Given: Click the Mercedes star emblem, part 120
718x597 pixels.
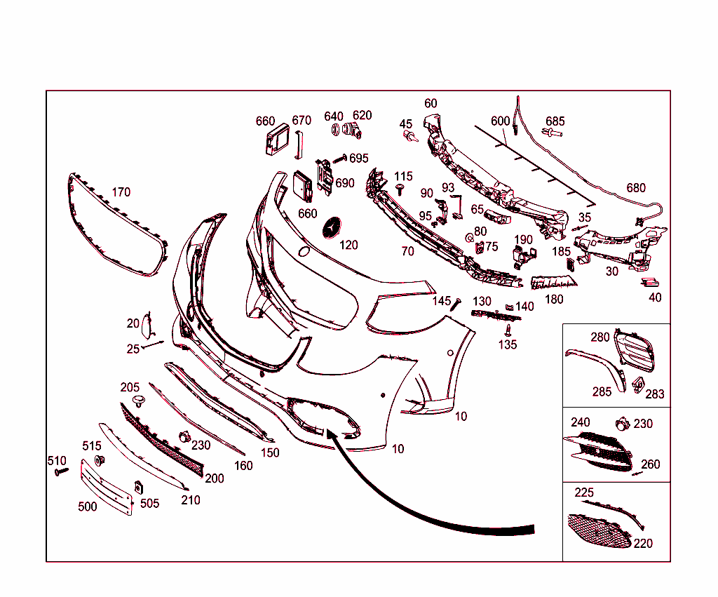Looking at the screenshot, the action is click(x=332, y=228).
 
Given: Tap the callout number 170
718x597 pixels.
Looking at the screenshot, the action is click(x=121, y=192).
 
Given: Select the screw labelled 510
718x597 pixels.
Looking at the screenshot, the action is click(x=61, y=471).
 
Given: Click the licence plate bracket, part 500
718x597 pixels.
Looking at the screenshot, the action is click(x=107, y=488).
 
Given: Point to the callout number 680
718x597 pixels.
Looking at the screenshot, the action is click(x=636, y=188).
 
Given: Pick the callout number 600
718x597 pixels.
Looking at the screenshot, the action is click(x=500, y=121).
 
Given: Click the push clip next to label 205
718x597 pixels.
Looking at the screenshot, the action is click(x=139, y=402).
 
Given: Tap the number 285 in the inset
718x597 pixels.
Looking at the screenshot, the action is click(x=602, y=391).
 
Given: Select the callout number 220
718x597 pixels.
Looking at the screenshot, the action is click(x=643, y=544).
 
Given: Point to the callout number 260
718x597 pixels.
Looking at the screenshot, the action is click(x=650, y=464).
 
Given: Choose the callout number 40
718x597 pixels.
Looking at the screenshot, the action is click(x=656, y=298).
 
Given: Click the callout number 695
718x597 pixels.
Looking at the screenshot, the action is click(x=358, y=159).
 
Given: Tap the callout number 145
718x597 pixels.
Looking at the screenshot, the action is click(x=442, y=301).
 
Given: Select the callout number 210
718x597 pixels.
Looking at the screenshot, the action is click(x=191, y=500).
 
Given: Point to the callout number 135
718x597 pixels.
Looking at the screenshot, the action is click(x=508, y=344).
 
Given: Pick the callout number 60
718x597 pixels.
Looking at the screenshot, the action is click(x=431, y=104).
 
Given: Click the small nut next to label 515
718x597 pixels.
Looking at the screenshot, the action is click(x=99, y=460).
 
